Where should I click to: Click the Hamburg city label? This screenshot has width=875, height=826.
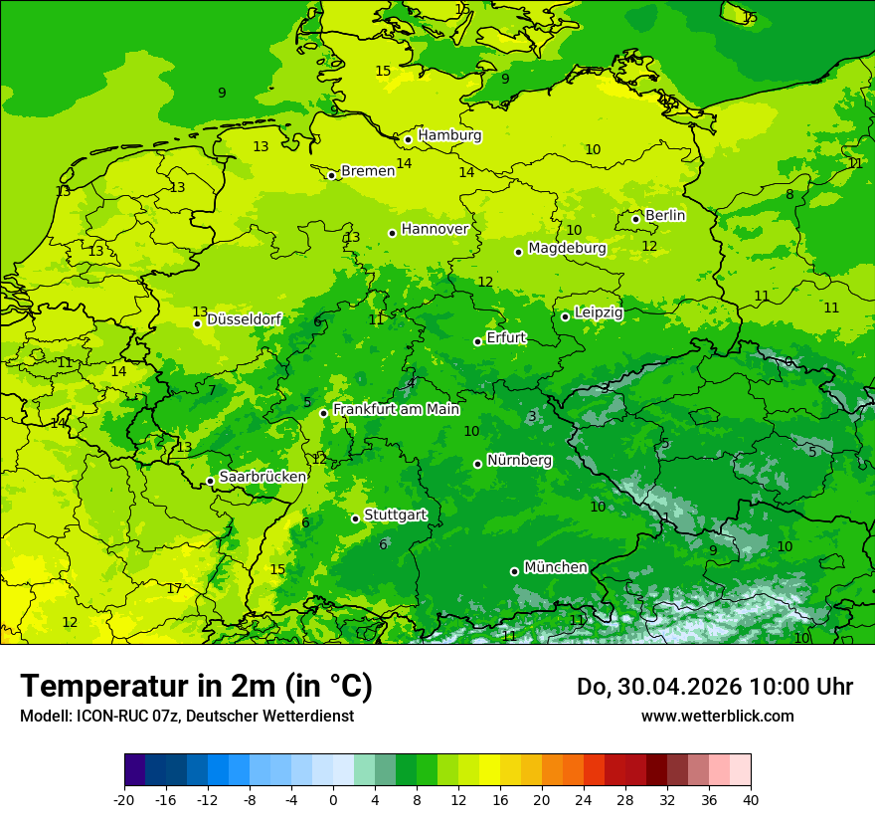click(449, 135)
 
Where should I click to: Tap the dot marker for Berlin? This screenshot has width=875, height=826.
click(636, 219)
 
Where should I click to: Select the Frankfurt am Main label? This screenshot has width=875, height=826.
click(396, 409)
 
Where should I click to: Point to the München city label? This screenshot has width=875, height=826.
click(555, 567)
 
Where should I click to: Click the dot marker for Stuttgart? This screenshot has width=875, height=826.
click(355, 518)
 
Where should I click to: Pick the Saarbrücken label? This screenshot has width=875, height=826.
click(262, 477)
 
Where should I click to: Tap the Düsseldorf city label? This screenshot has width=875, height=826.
click(244, 319)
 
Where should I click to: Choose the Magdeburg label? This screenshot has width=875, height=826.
click(567, 248)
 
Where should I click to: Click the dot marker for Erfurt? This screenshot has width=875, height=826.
click(477, 341)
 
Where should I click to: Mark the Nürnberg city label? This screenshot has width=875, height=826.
click(519, 461)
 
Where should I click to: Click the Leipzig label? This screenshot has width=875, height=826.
click(599, 312)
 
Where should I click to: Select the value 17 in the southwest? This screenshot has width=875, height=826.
click(174, 589)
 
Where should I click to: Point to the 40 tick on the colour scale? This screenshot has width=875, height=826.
click(750, 799)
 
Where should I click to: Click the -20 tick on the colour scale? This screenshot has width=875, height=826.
click(124, 799)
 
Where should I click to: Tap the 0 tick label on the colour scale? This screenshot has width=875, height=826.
click(333, 799)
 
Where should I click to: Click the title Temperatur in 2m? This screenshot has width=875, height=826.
click(196, 686)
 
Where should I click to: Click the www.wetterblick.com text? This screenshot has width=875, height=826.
click(717, 716)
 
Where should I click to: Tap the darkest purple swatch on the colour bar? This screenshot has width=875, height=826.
click(134, 770)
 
